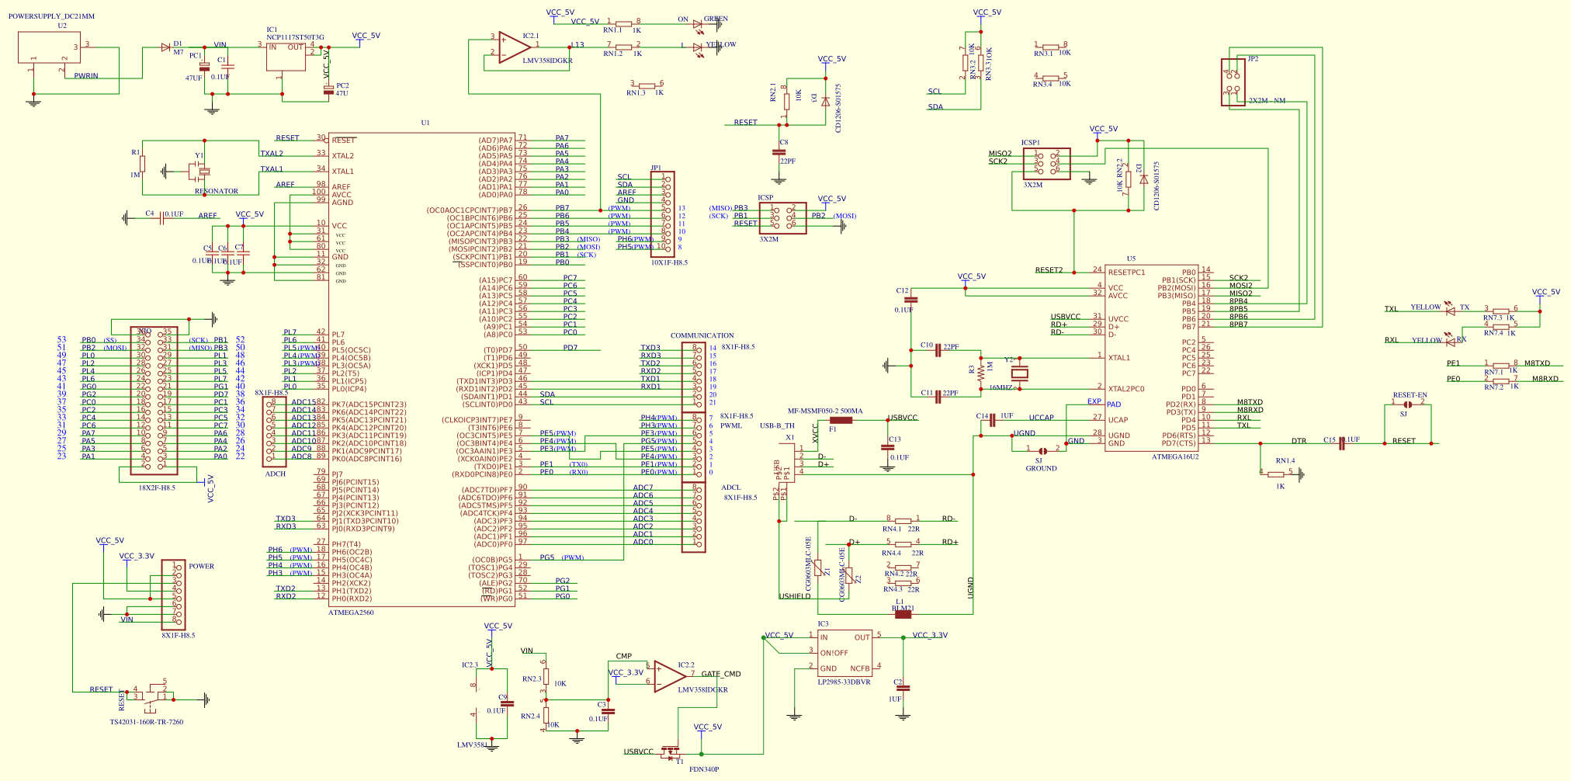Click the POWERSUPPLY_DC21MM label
coord(51,16)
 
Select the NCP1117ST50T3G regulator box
coord(286,57)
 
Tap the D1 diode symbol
coord(165,47)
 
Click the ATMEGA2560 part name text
coord(351,613)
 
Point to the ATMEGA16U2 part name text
coord(1174,456)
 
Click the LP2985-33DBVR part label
coord(844,682)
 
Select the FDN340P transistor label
coord(704,769)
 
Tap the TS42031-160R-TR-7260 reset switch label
coord(147,722)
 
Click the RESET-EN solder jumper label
coord(1410,395)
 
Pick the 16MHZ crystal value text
coord(1001,387)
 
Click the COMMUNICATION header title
coord(702,335)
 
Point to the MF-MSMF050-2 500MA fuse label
coord(825,411)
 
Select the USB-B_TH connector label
coord(777,425)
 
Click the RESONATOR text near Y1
coord(217,191)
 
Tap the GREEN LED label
coord(716,19)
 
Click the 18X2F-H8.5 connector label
coord(157,488)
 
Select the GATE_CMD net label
coord(720,674)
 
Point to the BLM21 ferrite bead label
coord(903,608)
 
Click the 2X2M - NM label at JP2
coord(1267,101)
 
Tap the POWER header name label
coord(201,566)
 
